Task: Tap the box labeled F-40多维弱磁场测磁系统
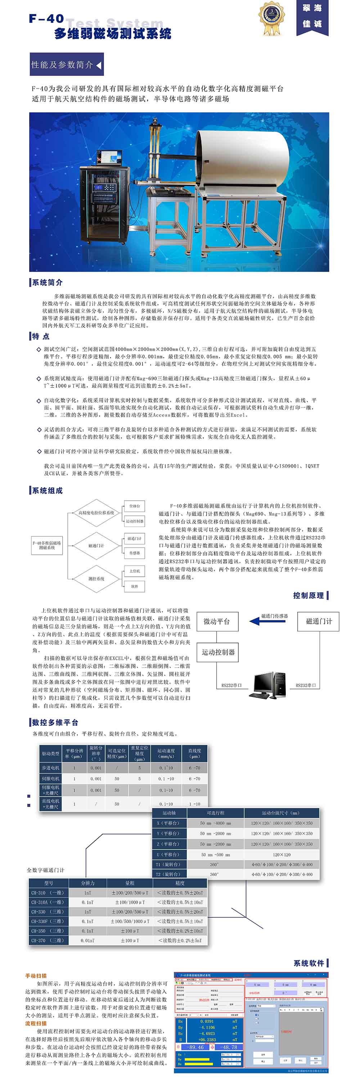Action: tap(47, 545)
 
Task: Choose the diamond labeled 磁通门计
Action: tap(96, 545)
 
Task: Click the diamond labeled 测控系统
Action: tap(96, 579)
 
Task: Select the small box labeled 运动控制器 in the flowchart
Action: tap(135, 521)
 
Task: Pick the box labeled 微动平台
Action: tap(217, 621)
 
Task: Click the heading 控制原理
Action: tap(308, 595)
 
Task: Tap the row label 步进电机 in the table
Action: tap(50, 768)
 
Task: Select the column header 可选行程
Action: tap(215, 813)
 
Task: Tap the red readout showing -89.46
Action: tap(196, 1044)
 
